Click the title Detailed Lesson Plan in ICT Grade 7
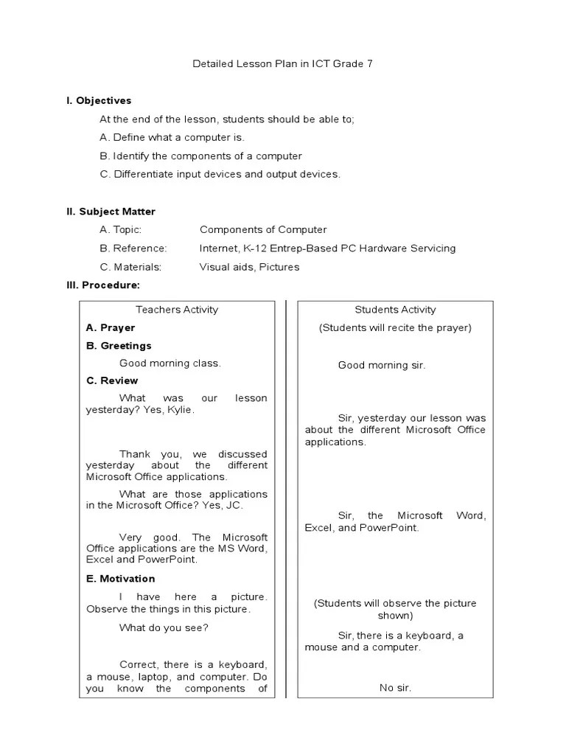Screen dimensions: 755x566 282,64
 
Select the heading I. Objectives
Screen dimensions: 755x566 99,101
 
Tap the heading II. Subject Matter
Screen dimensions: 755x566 111,212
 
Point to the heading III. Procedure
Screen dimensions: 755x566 103,285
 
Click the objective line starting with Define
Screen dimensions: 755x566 172,137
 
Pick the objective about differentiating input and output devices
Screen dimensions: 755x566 220,174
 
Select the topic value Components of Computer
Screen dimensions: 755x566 262,230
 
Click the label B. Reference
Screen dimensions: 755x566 133,248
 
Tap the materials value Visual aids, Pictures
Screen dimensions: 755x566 249,267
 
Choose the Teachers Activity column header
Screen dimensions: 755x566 177,310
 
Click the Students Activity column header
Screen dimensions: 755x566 395,310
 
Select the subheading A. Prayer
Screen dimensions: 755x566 111,327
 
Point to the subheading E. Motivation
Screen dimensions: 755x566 120,579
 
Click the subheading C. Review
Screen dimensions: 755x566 112,380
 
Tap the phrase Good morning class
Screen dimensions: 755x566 170,363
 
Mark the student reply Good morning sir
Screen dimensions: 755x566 382,365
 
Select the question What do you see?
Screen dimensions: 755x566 164,627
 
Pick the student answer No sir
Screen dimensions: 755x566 395,688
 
